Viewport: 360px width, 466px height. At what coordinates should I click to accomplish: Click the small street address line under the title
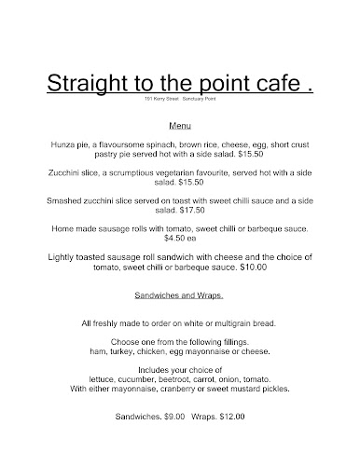[x=179, y=99]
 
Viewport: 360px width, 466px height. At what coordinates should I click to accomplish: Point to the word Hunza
[x=58, y=146]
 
